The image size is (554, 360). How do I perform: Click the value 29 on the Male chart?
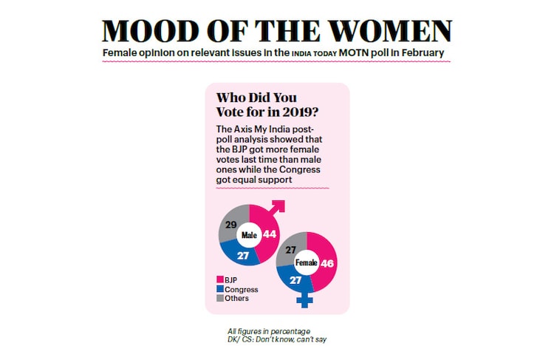coord(230,223)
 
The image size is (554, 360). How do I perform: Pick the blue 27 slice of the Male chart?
coord(242,255)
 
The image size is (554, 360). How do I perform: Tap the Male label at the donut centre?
coord(249,236)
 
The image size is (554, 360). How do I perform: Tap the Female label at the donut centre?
coord(305,262)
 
